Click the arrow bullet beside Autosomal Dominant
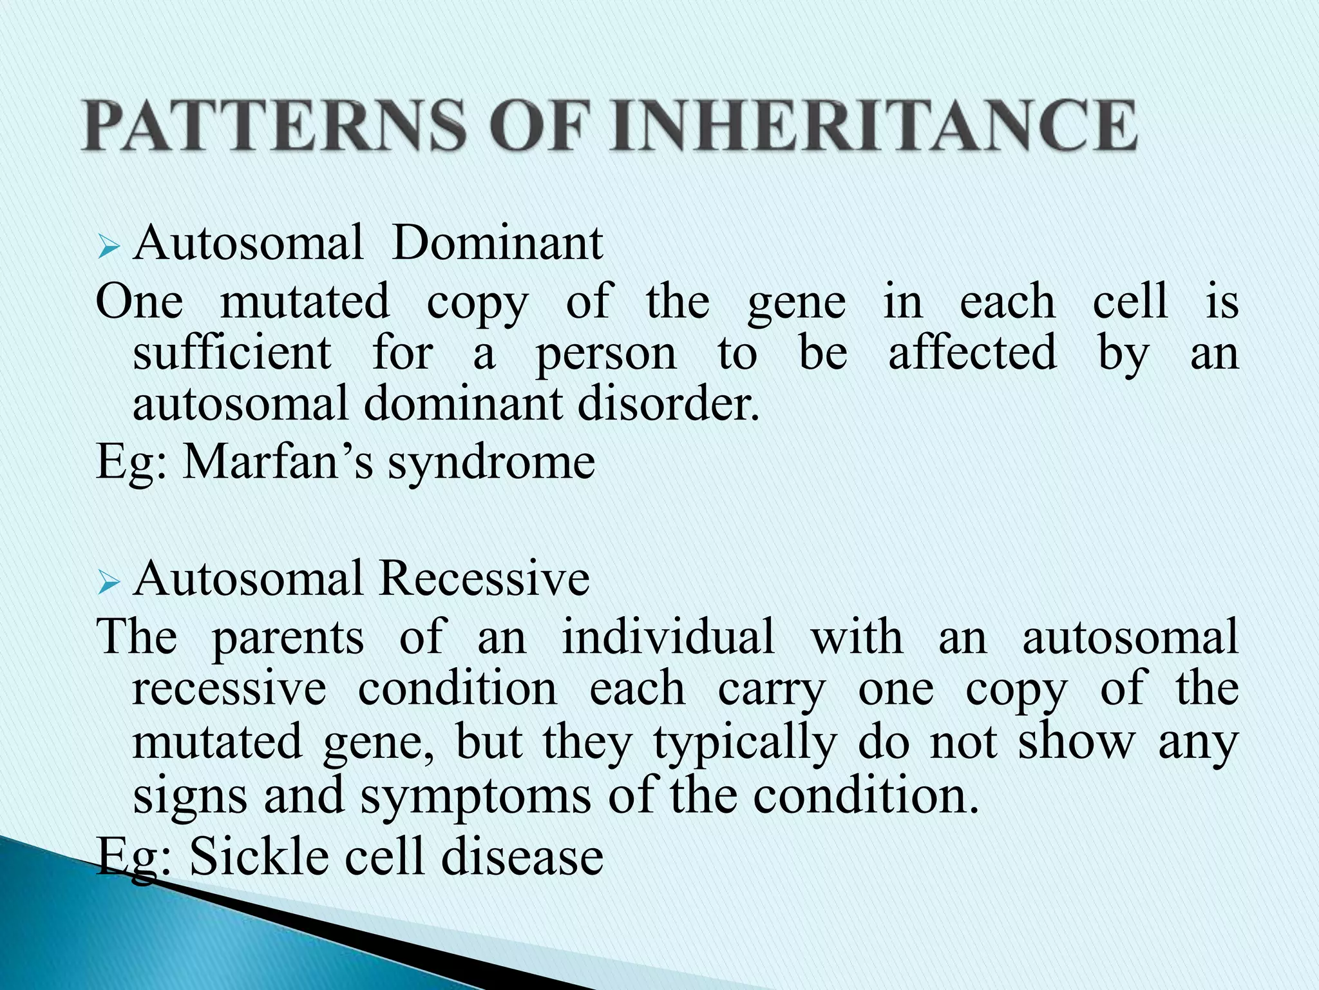pos(109,247)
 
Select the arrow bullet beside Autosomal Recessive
pos(109,583)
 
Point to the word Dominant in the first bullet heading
pos(497,243)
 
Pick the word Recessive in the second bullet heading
pos(484,578)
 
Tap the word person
pos(606,354)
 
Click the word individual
pos(668,636)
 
